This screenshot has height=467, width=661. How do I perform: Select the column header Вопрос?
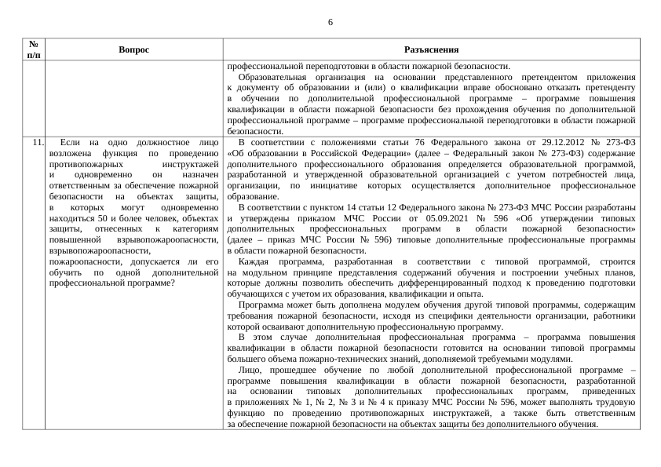(134, 49)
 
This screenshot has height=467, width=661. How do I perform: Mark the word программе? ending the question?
(152, 281)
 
